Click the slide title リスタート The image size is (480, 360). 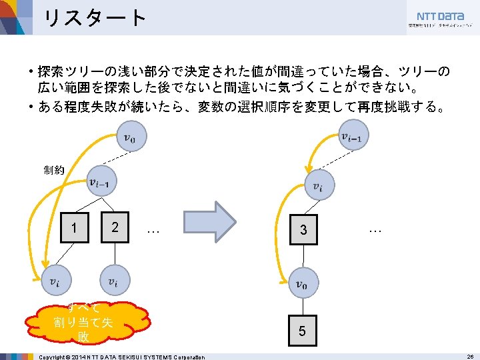[93, 18]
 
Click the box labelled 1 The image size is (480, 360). [74, 228]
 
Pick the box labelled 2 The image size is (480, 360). [115, 227]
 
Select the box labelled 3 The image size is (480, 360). [303, 231]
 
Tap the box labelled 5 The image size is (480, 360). [303, 331]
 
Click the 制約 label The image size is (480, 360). [54, 170]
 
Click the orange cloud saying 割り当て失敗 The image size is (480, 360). [83, 323]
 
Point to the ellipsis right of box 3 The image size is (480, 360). [374, 229]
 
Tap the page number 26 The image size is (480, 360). [469, 357]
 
